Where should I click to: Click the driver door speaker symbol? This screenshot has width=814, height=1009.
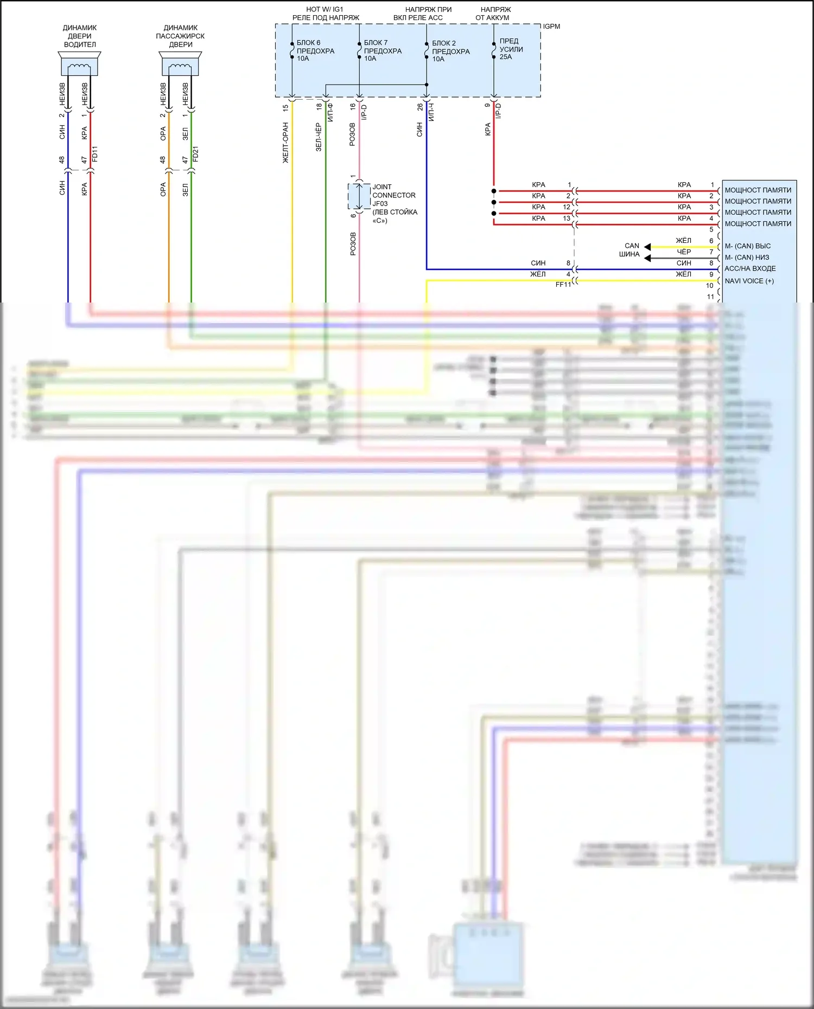79,65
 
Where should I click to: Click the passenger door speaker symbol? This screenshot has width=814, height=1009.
180,65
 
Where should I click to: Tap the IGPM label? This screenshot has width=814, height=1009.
551,27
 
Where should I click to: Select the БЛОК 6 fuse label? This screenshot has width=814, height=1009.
315,50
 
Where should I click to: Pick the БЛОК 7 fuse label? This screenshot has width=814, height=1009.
382,50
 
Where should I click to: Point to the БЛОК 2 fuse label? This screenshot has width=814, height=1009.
450,51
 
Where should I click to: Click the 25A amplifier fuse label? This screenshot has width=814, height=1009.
511,49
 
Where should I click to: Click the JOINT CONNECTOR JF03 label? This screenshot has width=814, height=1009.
394,203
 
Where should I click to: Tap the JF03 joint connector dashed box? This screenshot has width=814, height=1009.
359,196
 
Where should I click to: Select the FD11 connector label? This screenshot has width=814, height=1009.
95,154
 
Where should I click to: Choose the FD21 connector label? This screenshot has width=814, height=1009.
196,154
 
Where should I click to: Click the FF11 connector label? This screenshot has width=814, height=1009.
563,285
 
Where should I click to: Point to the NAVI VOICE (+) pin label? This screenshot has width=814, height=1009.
749,281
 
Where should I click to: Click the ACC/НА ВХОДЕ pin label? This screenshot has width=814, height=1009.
750,268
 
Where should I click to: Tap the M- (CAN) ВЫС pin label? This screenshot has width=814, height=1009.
747,246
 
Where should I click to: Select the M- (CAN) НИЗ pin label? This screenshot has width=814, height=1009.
747,258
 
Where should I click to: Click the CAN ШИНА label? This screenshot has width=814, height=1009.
631,250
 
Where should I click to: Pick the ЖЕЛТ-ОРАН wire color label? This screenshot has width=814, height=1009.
285,143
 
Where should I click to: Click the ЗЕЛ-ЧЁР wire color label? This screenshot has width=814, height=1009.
319,137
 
